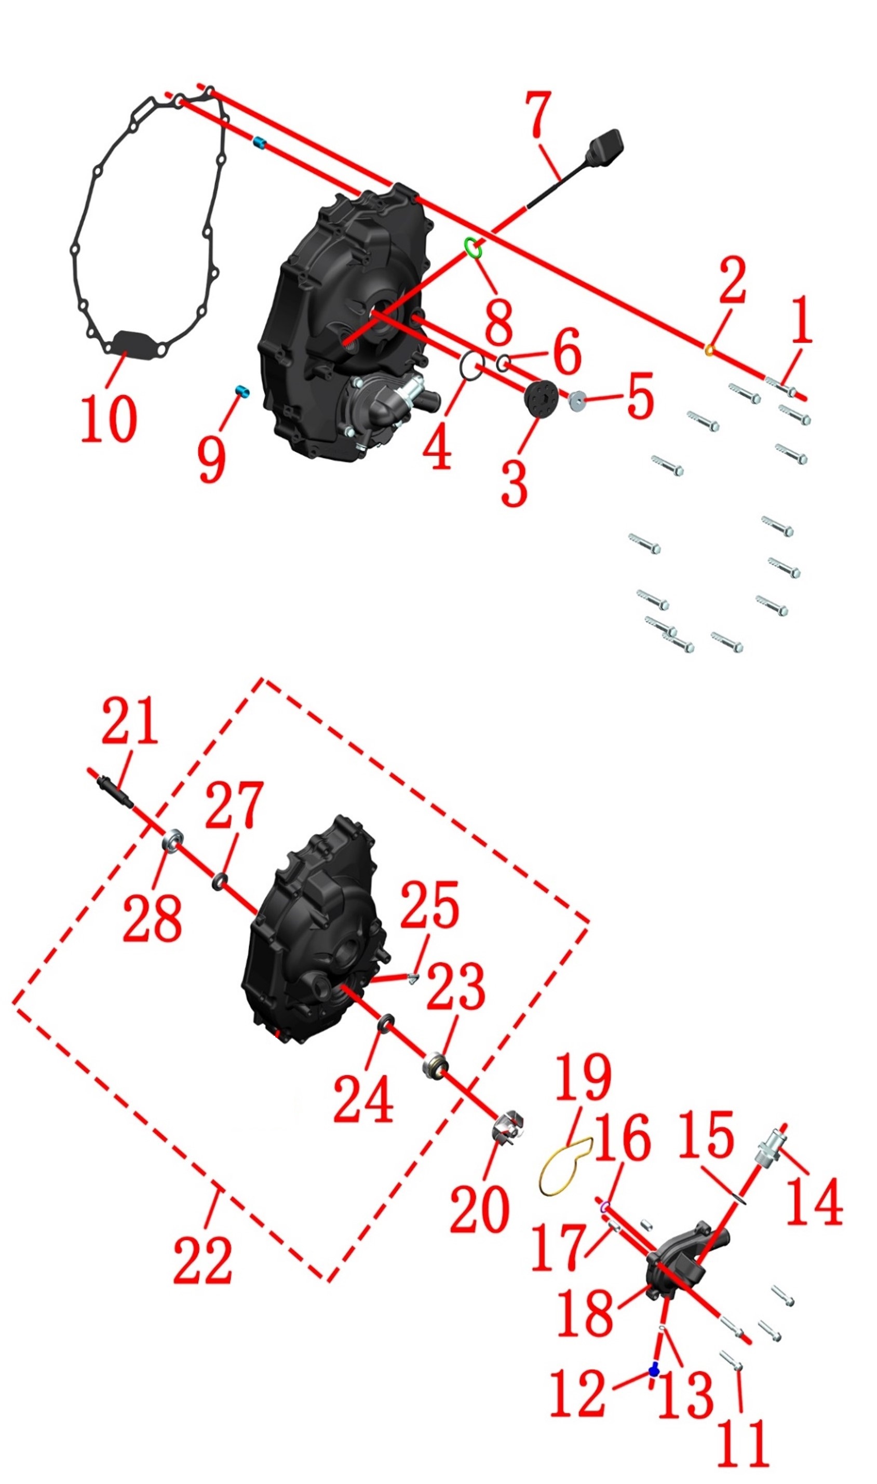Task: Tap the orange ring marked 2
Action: click(x=709, y=350)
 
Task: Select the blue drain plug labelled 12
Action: click(x=654, y=1370)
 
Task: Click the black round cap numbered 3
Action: click(x=541, y=399)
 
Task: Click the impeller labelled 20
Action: click(x=508, y=1126)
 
